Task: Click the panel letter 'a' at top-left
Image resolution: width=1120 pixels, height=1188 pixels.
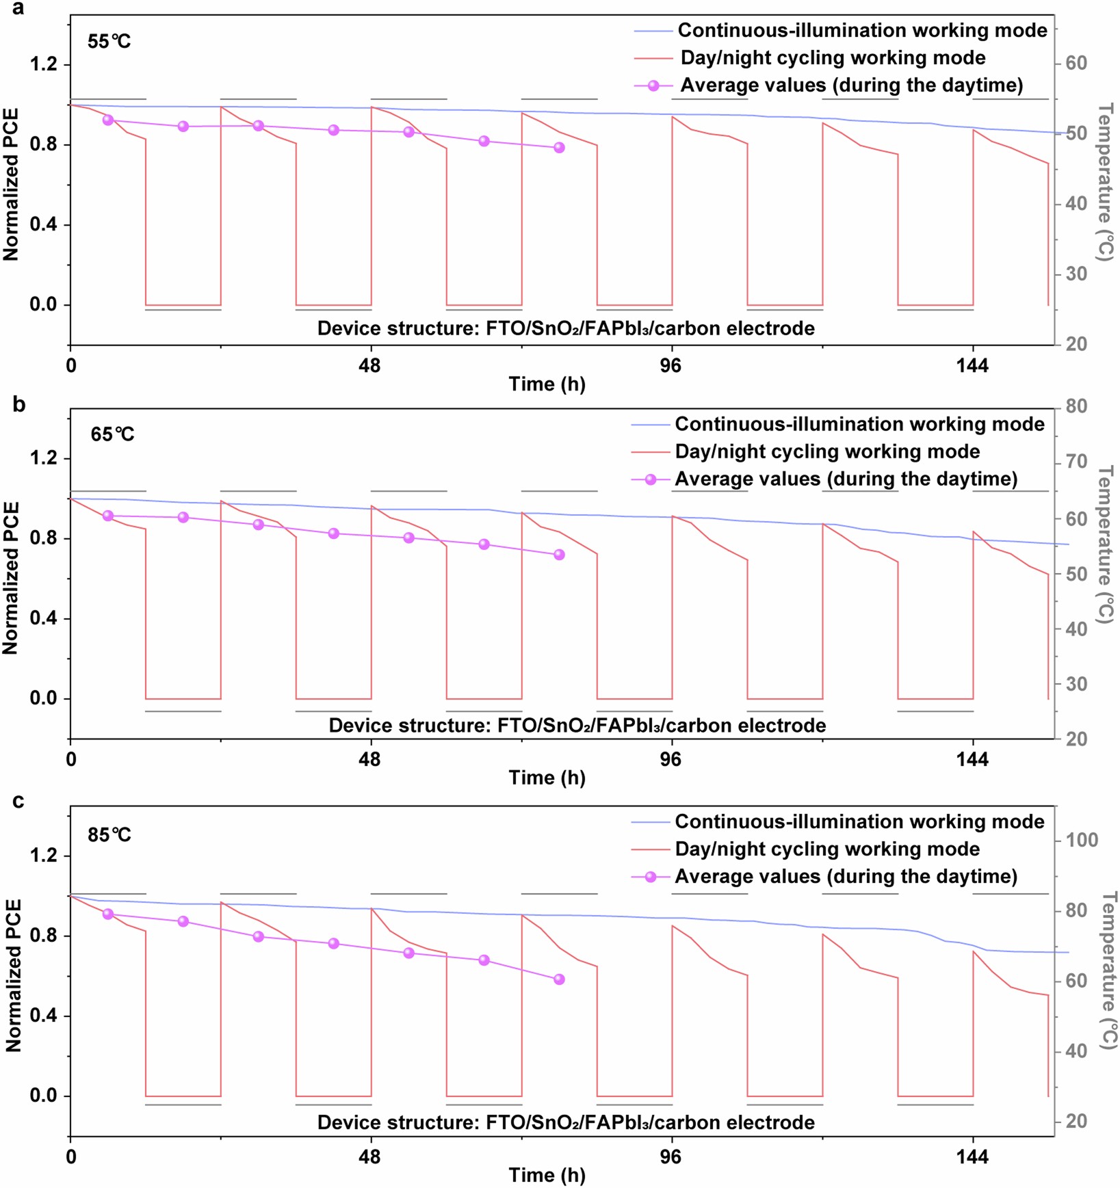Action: click(18, 9)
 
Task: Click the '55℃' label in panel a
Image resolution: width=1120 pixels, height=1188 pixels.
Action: click(109, 42)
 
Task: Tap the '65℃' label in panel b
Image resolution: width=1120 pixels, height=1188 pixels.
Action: click(112, 434)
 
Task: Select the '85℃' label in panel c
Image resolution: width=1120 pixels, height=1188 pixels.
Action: click(109, 834)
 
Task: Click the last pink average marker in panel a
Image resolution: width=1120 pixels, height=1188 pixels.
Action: click(559, 148)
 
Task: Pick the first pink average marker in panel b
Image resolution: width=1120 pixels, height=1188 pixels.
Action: click(107, 516)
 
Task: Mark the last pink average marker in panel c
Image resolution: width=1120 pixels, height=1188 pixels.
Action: click(559, 979)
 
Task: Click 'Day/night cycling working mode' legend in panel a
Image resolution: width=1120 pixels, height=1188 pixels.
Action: click(832, 57)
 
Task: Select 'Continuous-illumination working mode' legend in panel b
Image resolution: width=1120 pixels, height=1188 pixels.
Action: click(859, 424)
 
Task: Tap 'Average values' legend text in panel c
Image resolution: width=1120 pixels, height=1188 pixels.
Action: click(846, 876)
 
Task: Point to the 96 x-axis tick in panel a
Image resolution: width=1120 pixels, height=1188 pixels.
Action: click(670, 366)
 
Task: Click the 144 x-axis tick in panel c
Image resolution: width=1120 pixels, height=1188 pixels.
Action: click(972, 1157)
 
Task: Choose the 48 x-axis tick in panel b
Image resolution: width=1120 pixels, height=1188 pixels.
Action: click(369, 759)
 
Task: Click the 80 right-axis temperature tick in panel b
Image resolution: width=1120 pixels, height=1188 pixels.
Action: click(1076, 406)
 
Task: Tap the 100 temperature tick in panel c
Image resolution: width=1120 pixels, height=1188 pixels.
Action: click(1081, 840)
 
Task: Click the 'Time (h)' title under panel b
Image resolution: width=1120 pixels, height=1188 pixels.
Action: click(547, 778)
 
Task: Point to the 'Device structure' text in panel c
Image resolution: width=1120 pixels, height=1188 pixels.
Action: click(566, 1122)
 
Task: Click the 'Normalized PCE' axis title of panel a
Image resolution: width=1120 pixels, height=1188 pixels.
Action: click(11, 185)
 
